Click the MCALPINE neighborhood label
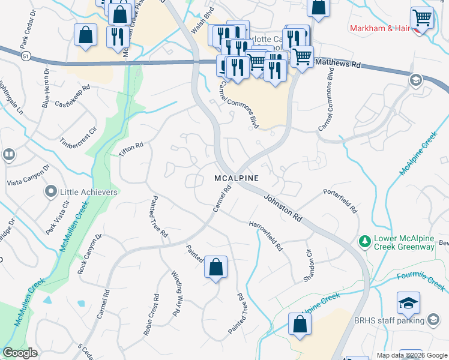[237, 179]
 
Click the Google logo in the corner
[20, 353]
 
